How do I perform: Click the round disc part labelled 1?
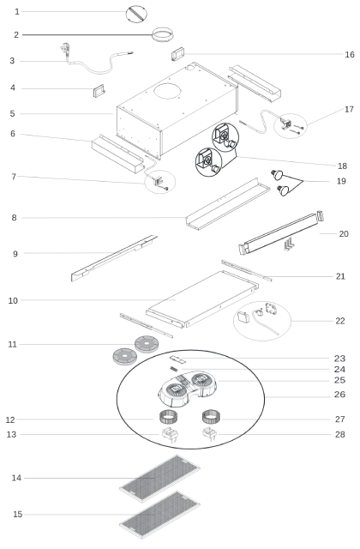[x=136, y=14]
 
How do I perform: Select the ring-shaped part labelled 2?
[x=163, y=34]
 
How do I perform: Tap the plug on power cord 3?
[x=65, y=48]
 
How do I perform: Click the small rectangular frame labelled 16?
[x=177, y=54]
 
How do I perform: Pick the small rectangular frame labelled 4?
[x=99, y=91]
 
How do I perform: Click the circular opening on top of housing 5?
[x=168, y=91]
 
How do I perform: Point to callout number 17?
[x=349, y=109]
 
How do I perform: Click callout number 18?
[x=343, y=166]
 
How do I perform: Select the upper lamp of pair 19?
[x=277, y=174]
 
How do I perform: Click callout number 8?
[x=14, y=218]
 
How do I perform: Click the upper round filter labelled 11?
[x=147, y=344]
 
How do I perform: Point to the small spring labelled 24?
[x=173, y=368]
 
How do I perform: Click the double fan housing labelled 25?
[x=187, y=389]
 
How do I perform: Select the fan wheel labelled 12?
[x=170, y=417]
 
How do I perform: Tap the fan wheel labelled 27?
[x=212, y=417]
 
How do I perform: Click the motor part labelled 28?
[x=209, y=435]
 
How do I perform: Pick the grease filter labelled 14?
[x=159, y=478]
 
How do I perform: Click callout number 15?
[x=18, y=515]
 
